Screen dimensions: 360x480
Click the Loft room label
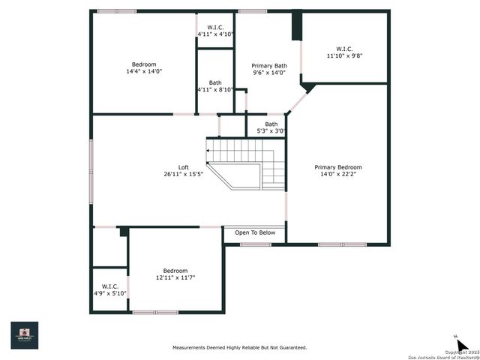click(x=183, y=167)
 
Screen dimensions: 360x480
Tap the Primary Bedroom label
click(x=337, y=167)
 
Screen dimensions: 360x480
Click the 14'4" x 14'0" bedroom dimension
click(x=144, y=72)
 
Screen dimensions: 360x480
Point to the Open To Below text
click(x=255, y=232)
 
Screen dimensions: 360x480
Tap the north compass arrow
click(x=462, y=343)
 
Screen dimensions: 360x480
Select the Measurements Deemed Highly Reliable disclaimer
click(x=239, y=347)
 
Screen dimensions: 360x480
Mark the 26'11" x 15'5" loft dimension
click(x=183, y=174)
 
